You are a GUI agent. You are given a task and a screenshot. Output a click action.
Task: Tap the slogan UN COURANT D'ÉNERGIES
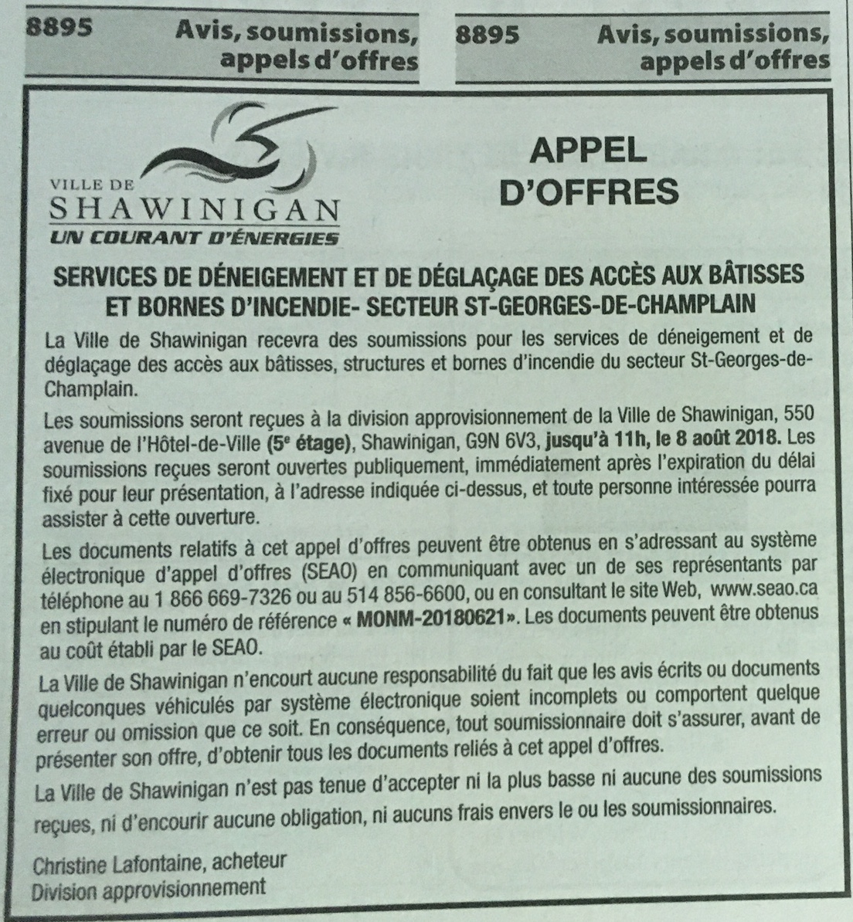[x=194, y=238]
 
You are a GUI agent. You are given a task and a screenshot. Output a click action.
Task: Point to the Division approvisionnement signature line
[x=148, y=888]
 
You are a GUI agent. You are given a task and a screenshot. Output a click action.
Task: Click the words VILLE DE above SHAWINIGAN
[x=93, y=185]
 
